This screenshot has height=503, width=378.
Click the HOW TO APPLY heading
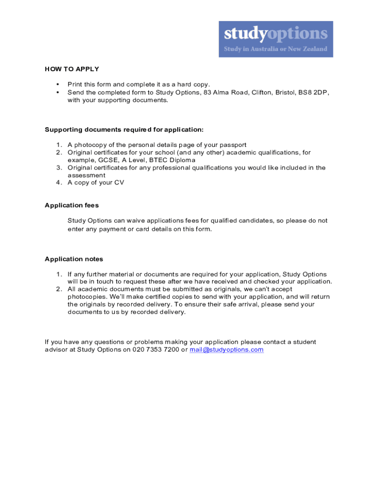pos(72,69)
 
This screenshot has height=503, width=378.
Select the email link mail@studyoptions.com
pos(226,350)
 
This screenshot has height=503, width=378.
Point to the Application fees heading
pos(72,205)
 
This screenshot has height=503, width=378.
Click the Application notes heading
pos(74,259)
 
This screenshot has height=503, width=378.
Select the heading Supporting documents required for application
pos(124,130)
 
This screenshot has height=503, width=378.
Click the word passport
pos(234,145)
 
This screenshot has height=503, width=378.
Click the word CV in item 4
pos(119,183)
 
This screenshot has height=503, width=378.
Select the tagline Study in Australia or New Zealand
pos(275,49)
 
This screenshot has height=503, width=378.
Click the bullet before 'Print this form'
pos(57,84)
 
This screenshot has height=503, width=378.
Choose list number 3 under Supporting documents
pos(58,168)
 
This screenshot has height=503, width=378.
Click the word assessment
pos(86,175)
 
